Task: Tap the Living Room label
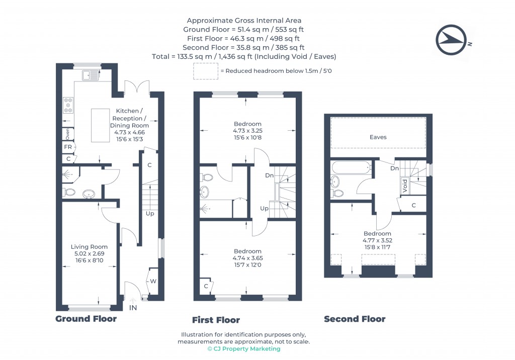click(x=89, y=247)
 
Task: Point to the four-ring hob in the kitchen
click(x=67, y=105)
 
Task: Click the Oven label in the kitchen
click(x=67, y=135)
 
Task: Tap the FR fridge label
click(x=67, y=147)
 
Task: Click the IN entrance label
click(x=133, y=308)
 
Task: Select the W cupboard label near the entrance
click(x=152, y=281)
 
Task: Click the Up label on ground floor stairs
click(x=150, y=213)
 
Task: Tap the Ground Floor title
click(x=85, y=319)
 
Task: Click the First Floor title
click(x=216, y=320)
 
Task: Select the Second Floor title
click(x=355, y=319)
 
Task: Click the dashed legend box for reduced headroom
click(x=206, y=71)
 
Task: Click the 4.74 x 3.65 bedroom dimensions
click(x=247, y=258)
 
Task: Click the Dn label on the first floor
click(x=269, y=176)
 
